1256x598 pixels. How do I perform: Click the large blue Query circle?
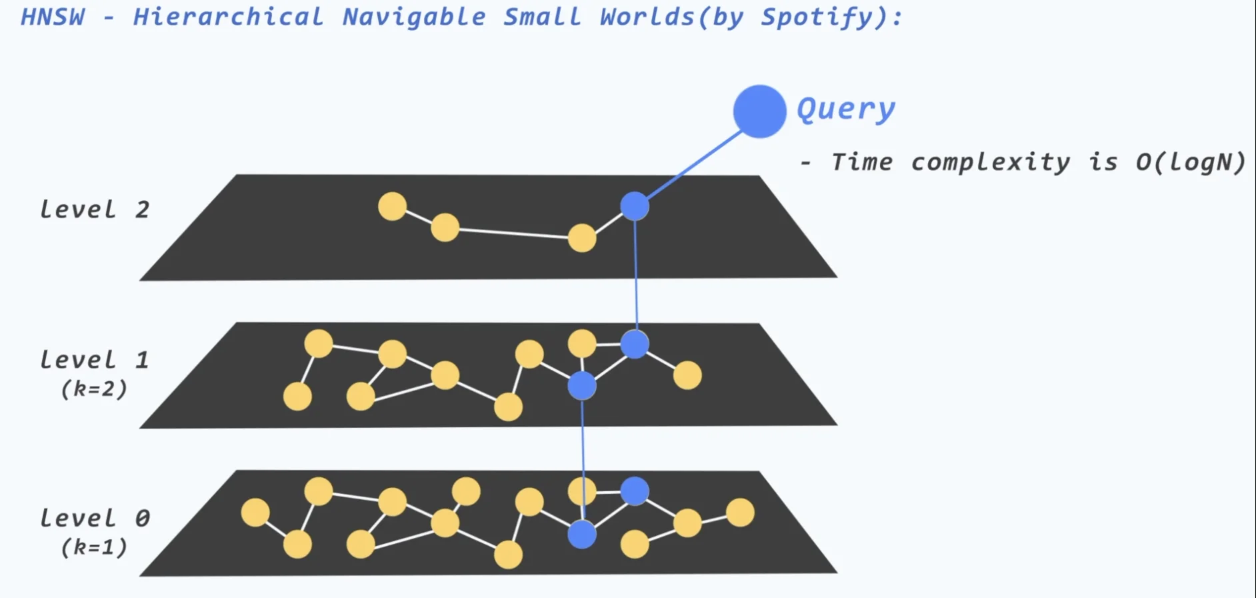(x=759, y=111)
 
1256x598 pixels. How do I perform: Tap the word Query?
(x=845, y=109)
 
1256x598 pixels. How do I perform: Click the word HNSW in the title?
(x=53, y=17)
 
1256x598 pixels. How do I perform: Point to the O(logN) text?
(x=1190, y=162)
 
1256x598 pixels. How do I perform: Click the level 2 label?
(x=94, y=210)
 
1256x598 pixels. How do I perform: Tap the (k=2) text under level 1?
(x=93, y=388)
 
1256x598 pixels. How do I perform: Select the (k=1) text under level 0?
(x=93, y=547)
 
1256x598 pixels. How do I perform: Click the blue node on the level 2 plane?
(x=635, y=206)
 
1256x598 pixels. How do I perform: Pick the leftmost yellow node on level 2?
(x=392, y=206)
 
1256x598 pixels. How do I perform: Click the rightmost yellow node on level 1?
(x=687, y=375)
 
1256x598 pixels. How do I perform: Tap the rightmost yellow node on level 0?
(x=740, y=513)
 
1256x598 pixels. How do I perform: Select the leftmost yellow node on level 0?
(x=255, y=513)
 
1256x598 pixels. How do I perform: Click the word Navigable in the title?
(x=414, y=17)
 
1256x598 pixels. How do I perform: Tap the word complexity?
(x=990, y=162)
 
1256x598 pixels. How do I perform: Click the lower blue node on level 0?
(x=582, y=534)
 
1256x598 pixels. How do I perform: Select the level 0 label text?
(x=94, y=518)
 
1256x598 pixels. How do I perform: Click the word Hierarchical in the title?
(x=228, y=17)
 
